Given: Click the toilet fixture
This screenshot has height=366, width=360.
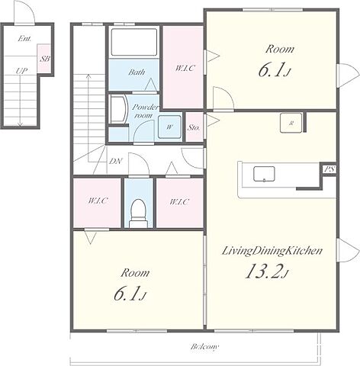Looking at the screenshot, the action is click(x=139, y=213).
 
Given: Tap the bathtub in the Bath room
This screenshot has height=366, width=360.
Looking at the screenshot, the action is click(x=134, y=42).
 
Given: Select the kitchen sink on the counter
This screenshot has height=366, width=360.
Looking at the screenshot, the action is click(x=264, y=174).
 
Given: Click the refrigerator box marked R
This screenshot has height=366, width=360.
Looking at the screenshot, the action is click(x=291, y=123).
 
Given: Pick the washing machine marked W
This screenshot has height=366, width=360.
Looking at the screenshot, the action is click(x=169, y=127).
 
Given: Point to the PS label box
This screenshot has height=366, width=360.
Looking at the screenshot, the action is click(x=330, y=169).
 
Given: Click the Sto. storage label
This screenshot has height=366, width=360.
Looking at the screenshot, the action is click(x=194, y=127).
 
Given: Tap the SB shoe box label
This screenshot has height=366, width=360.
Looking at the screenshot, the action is click(x=45, y=59).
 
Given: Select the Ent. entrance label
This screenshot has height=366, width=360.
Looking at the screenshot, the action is click(x=24, y=39).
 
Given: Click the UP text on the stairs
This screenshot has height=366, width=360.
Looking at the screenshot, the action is click(x=21, y=71).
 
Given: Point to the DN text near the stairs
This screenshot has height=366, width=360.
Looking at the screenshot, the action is click(x=116, y=161).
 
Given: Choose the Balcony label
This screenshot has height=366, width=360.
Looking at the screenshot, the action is click(x=204, y=347).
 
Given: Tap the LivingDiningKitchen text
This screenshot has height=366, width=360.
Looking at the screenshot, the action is click(x=272, y=251).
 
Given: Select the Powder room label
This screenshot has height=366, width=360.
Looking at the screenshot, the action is click(x=145, y=111).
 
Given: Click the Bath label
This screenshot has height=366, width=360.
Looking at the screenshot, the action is click(x=137, y=72).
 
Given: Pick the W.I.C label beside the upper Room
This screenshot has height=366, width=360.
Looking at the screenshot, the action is click(x=185, y=68).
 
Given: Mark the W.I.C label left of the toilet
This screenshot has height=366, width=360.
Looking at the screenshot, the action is click(x=98, y=201).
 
